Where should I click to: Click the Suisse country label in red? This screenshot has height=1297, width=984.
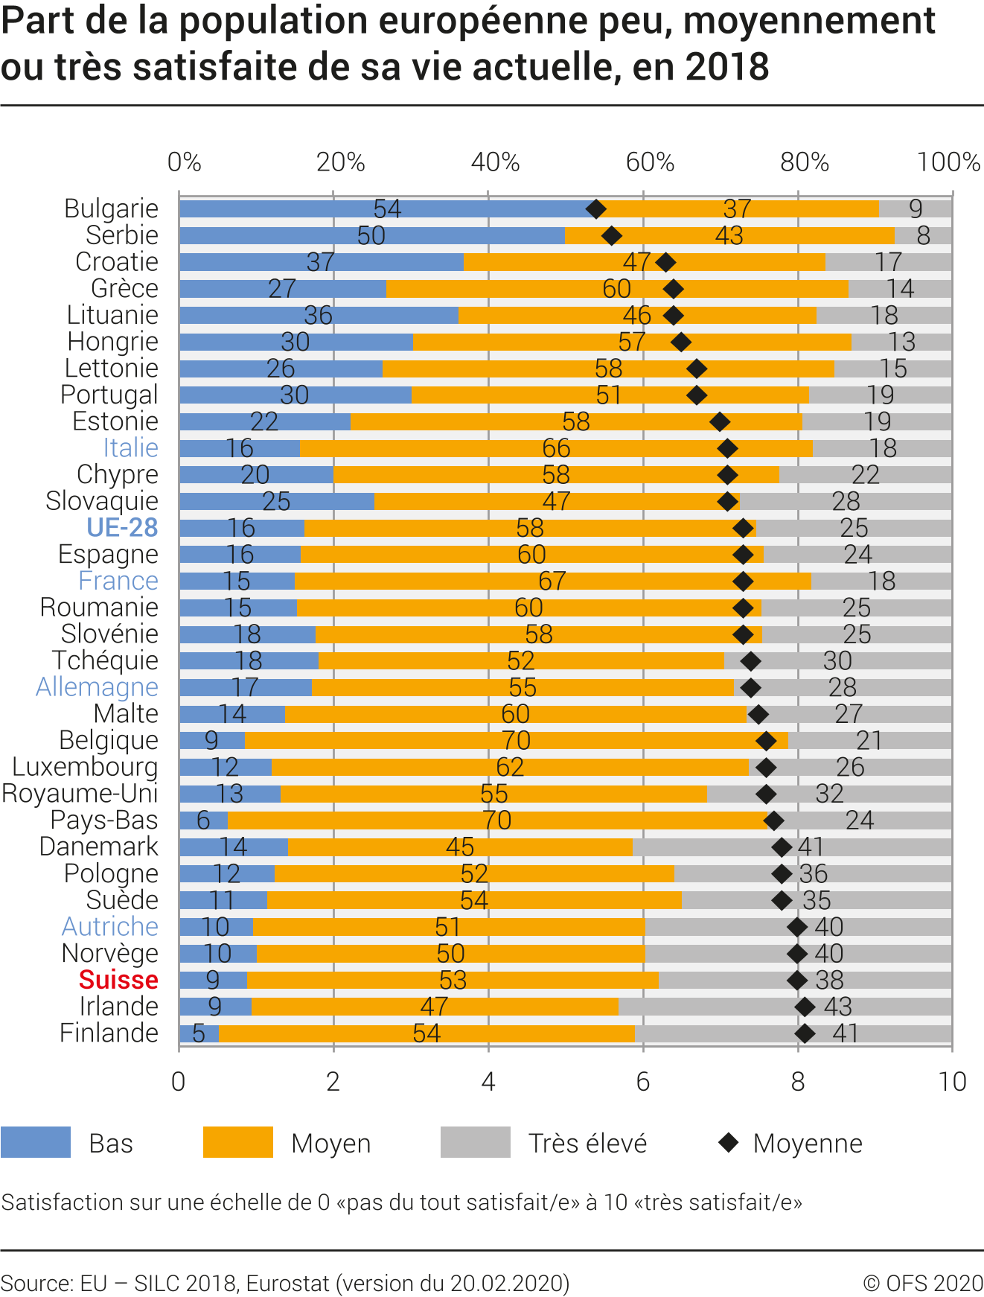tap(118, 980)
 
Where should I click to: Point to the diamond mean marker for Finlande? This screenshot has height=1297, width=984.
tap(805, 1033)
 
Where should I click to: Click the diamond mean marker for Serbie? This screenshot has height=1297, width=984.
tap(611, 236)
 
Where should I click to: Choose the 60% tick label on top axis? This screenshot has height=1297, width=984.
tap(650, 162)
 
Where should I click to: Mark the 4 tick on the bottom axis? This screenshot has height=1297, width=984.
tap(488, 1082)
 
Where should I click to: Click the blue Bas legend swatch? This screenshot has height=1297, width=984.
tap(36, 1143)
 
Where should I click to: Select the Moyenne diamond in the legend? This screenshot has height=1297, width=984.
tap(729, 1142)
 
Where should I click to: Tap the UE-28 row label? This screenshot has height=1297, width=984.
tap(122, 528)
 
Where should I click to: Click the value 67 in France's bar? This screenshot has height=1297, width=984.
tap(552, 581)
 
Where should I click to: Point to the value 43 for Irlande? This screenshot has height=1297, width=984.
tap(838, 1007)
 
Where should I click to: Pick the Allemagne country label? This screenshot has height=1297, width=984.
tap(97, 687)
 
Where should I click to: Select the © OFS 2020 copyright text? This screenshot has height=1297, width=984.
tap(923, 1284)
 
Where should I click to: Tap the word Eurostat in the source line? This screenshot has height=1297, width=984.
tap(287, 1284)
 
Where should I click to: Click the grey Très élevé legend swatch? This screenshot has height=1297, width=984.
tap(476, 1143)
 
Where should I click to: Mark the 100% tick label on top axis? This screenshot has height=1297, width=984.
tap(948, 162)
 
